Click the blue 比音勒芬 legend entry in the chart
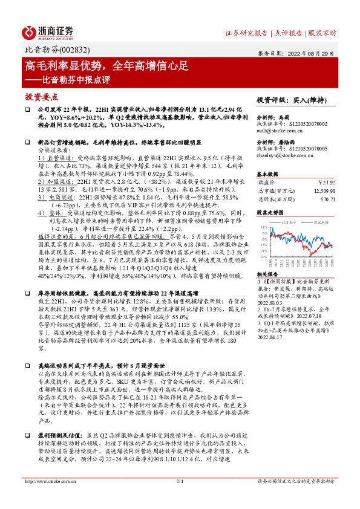(289, 222)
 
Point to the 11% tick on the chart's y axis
(264, 226)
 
